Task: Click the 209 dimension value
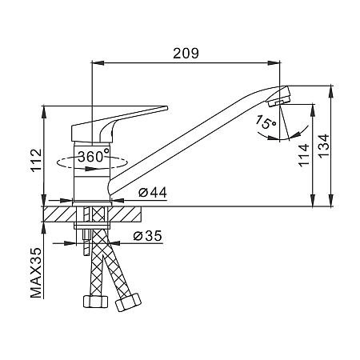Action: (186, 54)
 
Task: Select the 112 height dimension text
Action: (37, 161)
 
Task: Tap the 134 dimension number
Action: (324, 146)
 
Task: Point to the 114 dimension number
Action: (304, 155)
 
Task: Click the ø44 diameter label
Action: (153, 192)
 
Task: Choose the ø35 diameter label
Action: (148, 236)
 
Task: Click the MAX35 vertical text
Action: (36, 273)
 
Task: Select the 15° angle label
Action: (266, 122)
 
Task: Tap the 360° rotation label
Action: (94, 156)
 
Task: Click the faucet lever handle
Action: (118, 123)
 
